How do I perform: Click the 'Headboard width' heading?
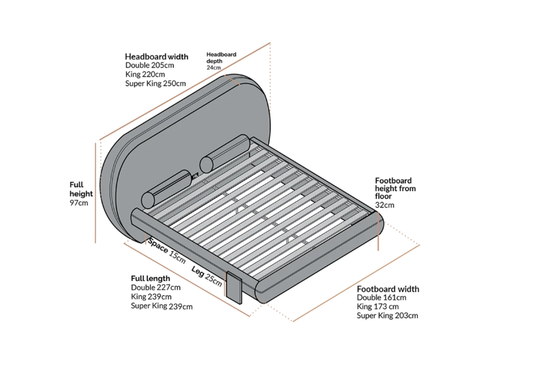click(x=157, y=57)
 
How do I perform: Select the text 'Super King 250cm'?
click(x=155, y=83)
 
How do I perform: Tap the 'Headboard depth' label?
click(x=221, y=58)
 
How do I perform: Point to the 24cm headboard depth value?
click(x=214, y=67)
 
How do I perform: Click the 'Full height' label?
click(x=82, y=189)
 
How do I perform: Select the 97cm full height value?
click(x=78, y=203)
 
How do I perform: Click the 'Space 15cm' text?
click(x=166, y=249)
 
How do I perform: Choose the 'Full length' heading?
click(x=150, y=278)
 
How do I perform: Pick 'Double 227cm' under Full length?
click(x=155, y=287)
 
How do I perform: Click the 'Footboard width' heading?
click(x=388, y=289)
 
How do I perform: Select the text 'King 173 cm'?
click(x=378, y=306)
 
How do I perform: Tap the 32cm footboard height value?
click(x=384, y=205)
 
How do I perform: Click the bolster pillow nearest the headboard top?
click(x=224, y=153)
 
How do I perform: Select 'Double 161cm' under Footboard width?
click(x=381, y=298)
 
